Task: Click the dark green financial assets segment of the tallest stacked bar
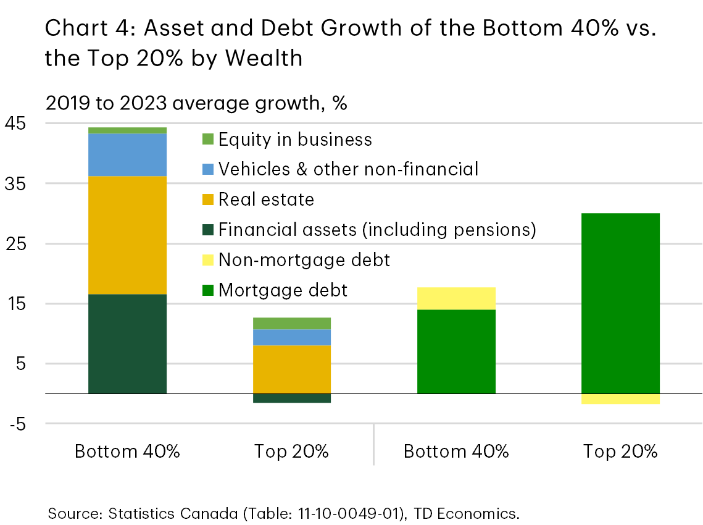(127, 343)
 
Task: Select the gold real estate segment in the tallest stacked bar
(127, 235)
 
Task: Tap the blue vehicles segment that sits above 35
(127, 154)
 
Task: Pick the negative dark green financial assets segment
(292, 398)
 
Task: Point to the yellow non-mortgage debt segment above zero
(456, 298)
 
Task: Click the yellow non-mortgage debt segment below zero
(620, 398)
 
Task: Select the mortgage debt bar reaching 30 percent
(620, 303)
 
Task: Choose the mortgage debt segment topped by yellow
(456, 351)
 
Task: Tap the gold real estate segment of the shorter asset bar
(292, 369)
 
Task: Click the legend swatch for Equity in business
(208, 140)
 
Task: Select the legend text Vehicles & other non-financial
(348, 169)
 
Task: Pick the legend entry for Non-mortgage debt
(304, 259)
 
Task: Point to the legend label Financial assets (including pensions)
(377, 230)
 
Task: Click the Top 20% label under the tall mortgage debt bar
(620, 451)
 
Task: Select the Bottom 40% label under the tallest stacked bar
(127, 451)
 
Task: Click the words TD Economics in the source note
(480, 512)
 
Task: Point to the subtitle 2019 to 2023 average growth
(196, 103)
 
